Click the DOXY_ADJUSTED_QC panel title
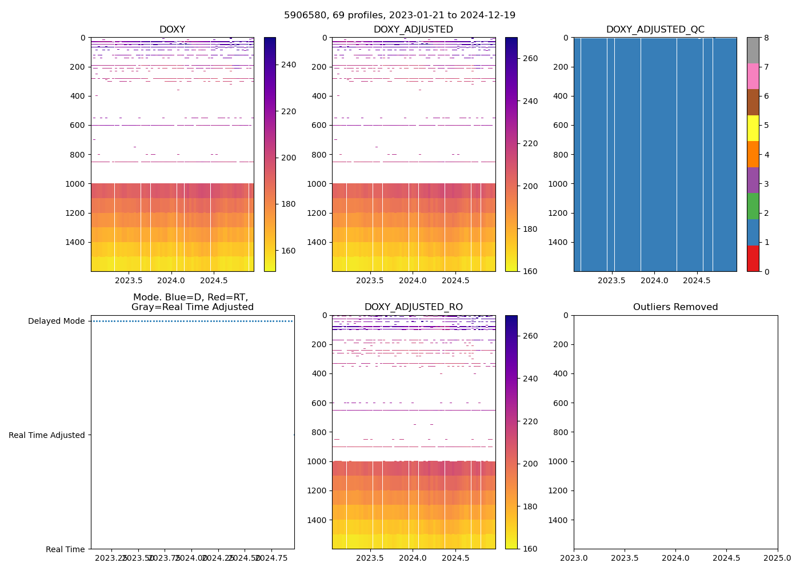(x=655, y=30)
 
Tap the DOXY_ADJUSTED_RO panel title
(x=414, y=307)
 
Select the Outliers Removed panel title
(x=675, y=307)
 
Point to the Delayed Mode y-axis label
(x=56, y=321)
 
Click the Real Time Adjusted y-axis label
(x=47, y=435)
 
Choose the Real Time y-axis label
(x=65, y=549)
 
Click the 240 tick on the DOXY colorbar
(x=288, y=65)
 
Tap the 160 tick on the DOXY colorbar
(x=288, y=251)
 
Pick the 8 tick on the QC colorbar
(x=767, y=38)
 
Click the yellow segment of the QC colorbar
(x=753, y=128)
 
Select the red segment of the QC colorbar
(x=753, y=259)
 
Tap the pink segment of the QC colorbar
(x=753, y=77)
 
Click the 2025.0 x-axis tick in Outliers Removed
(x=777, y=557)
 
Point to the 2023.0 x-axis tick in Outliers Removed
(x=574, y=557)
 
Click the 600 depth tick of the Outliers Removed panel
(x=562, y=403)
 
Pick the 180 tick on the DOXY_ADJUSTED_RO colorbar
(x=530, y=506)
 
